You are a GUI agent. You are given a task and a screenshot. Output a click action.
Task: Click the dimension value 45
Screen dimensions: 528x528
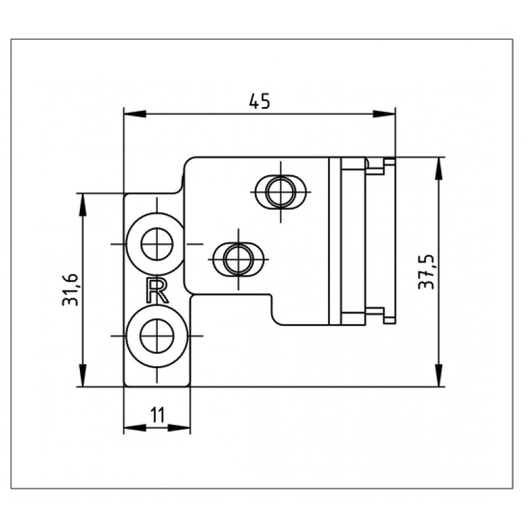click(260, 101)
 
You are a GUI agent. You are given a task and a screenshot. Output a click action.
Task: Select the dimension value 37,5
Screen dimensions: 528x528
click(427, 271)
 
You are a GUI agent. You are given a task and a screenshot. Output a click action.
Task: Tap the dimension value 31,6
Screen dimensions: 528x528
click(71, 290)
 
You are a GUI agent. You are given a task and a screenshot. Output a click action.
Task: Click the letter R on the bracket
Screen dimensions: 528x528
click(157, 290)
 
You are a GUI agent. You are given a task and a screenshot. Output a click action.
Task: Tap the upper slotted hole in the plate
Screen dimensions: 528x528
click(281, 191)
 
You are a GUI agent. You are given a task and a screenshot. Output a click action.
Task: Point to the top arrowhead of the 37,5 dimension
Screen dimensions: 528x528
click(438, 166)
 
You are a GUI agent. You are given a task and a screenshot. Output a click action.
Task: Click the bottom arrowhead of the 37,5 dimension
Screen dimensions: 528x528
click(438, 378)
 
